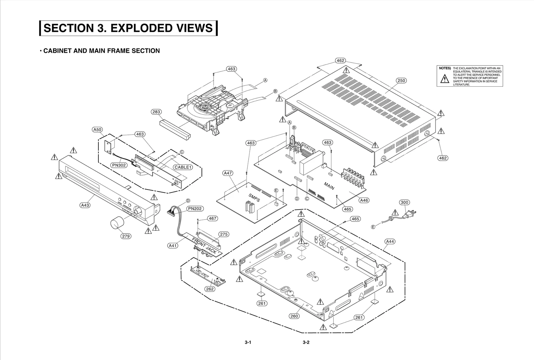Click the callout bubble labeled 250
tap(401, 80)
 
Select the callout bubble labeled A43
tap(85, 205)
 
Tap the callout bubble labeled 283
tap(156, 112)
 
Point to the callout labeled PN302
tap(119, 165)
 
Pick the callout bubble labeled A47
tap(228, 173)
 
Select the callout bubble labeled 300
tap(405, 202)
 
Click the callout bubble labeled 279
tap(125, 236)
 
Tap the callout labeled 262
tap(210, 289)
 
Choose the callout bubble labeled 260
tap(294, 316)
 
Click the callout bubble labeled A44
tap(390, 241)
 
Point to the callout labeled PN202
tap(195, 209)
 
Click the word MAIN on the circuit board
tap(329, 186)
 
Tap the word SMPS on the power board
tap(254, 198)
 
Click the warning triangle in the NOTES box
tap(445, 79)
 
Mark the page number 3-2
tap(306, 343)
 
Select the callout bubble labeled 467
tap(212, 219)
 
